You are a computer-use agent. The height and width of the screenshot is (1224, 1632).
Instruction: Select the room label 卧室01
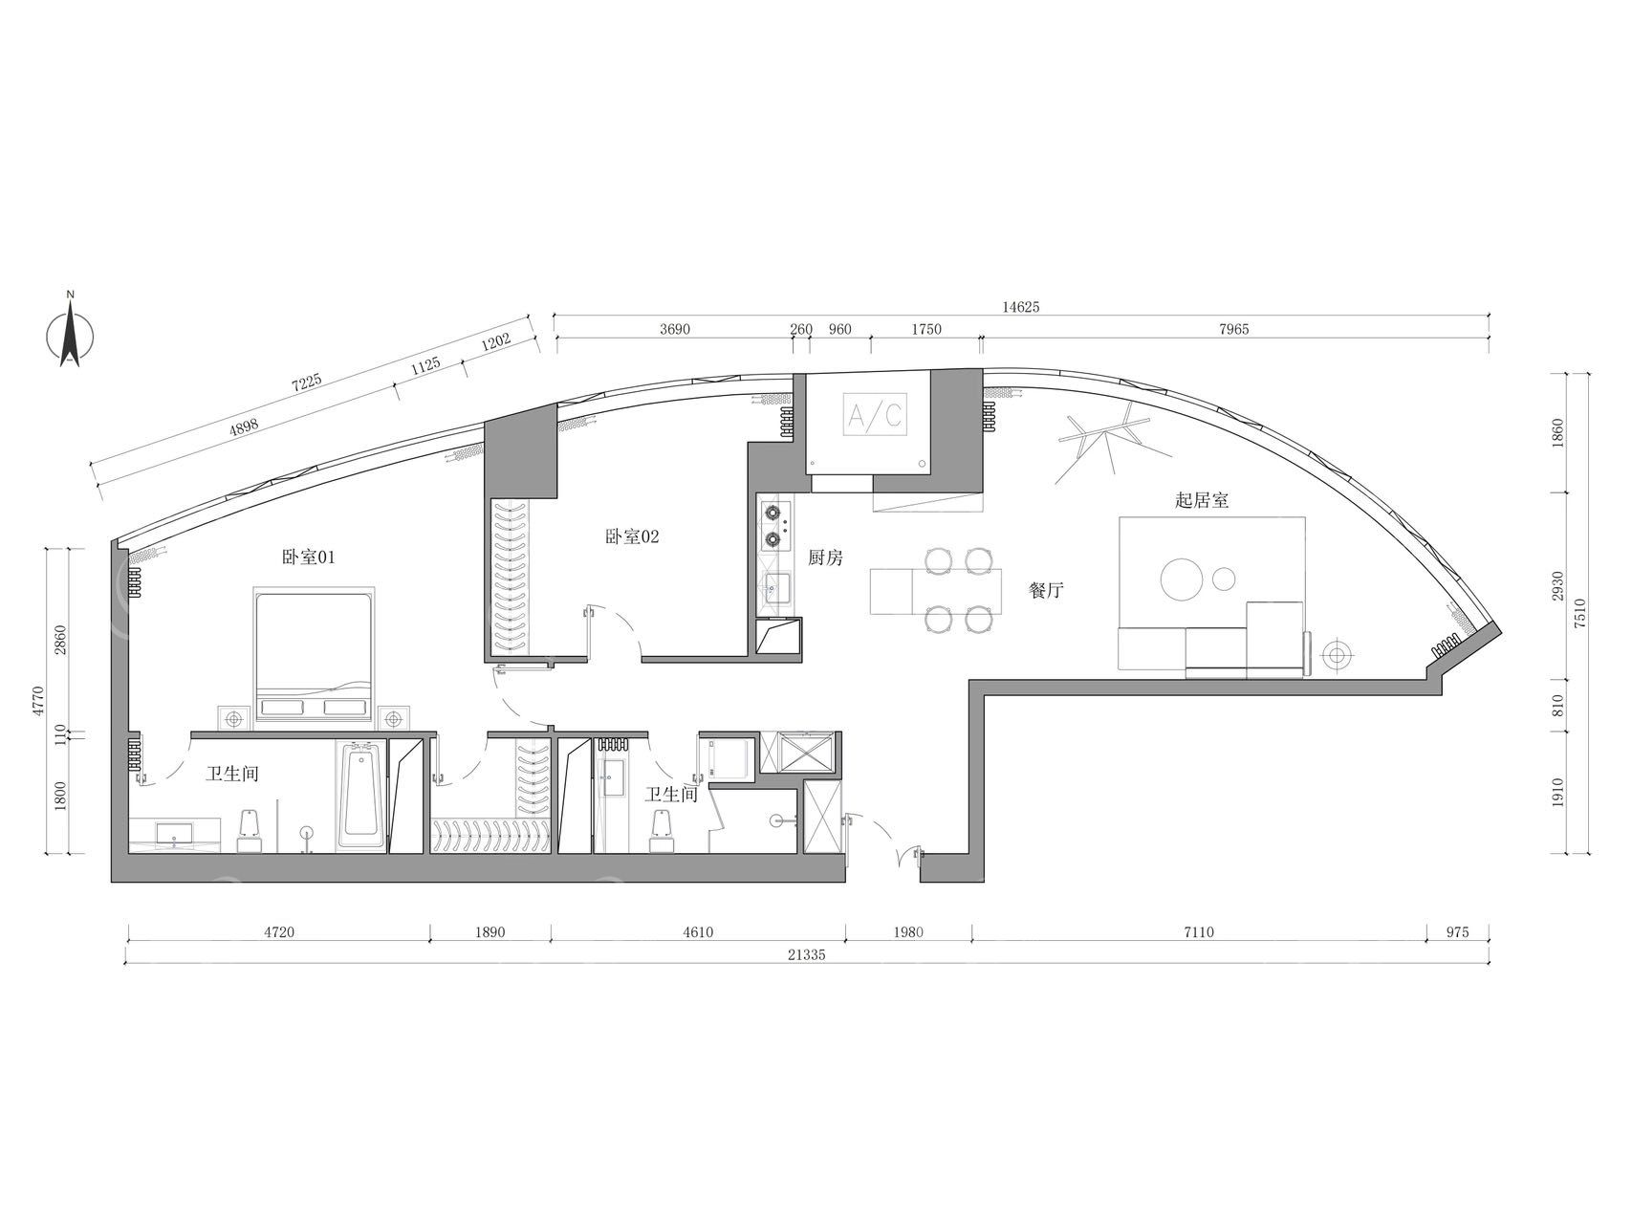pos(308,557)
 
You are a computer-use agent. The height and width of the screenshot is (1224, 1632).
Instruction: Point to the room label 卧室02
pos(632,536)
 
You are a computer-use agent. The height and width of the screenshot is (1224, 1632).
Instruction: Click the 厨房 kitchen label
pos(825,558)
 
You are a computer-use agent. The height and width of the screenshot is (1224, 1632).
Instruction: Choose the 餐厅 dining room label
pos(1047,591)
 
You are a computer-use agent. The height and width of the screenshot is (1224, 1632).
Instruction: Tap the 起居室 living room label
pos(1202,500)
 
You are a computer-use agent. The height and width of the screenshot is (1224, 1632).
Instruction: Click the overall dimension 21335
pos(808,953)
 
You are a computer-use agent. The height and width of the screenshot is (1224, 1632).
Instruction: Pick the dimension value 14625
pos(1020,307)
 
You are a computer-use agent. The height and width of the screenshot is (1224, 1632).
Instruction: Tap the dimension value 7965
pos(1233,329)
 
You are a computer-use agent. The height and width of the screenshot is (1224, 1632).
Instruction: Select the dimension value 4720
pos(277,931)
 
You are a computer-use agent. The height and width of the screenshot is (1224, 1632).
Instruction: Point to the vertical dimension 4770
pos(37,699)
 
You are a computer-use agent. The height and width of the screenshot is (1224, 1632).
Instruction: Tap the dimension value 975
pos(1457,931)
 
